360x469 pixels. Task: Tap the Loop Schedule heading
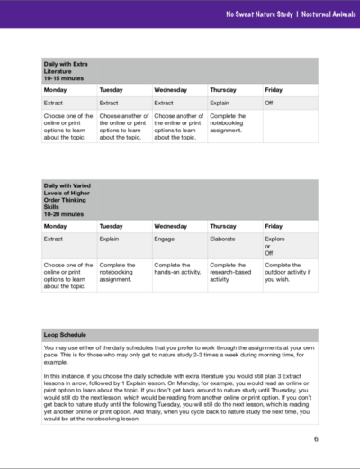point(65,334)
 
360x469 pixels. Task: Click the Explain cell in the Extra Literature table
point(221,104)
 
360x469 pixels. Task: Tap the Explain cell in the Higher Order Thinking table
point(112,243)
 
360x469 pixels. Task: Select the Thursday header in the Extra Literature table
point(223,90)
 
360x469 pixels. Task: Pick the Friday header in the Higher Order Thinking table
point(274,226)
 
